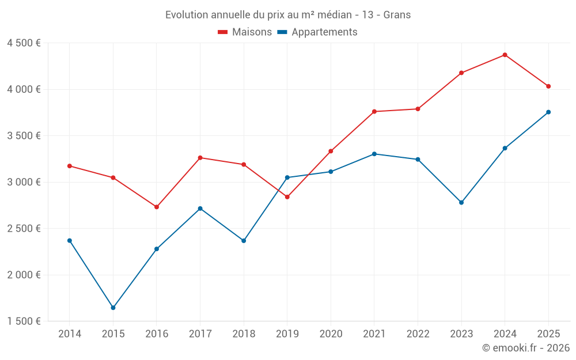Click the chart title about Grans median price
point(288,15)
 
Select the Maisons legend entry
point(245,32)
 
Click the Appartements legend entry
point(317,32)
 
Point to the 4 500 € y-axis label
point(24,43)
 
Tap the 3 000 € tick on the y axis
point(24,182)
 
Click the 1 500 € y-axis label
point(24,321)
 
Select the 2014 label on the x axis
point(70,334)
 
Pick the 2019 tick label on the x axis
point(287,334)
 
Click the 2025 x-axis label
point(548,334)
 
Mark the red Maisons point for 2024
point(505,55)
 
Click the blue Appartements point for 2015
point(113,308)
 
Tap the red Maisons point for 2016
point(157,207)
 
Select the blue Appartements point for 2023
point(461,203)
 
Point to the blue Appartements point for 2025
point(548,112)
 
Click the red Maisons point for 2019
point(287,197)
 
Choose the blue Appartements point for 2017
point(200,209)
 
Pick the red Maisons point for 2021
point(374,112)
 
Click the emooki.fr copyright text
point(525,348)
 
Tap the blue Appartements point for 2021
point(374,154)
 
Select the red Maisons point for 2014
point(70,166)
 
